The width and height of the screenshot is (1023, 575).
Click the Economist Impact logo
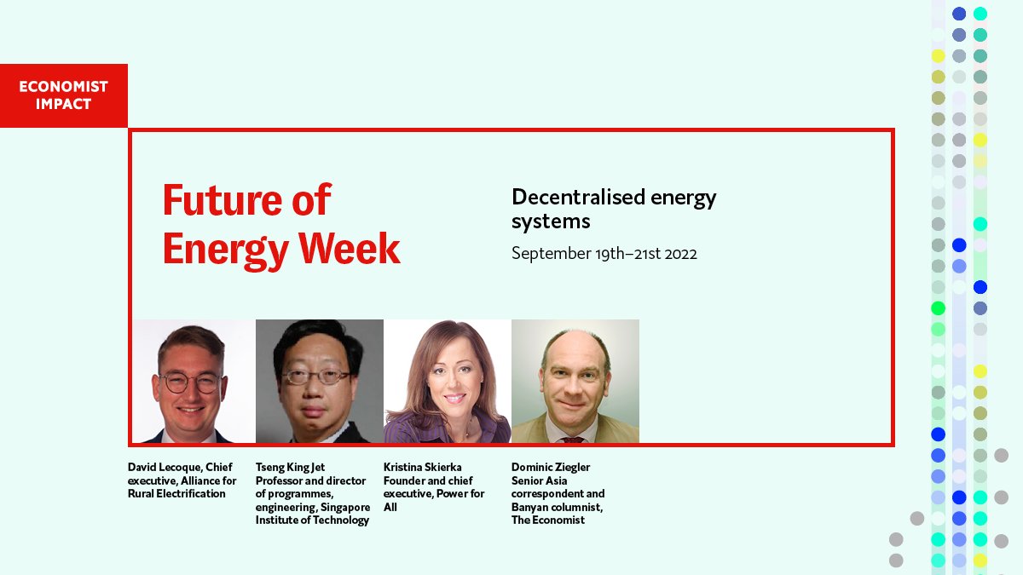coord(64,95)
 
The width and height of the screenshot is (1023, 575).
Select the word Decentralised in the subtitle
coord(566,198)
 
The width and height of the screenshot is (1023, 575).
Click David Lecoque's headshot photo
coord(192,382)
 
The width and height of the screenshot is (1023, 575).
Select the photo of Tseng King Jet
coord(320,382)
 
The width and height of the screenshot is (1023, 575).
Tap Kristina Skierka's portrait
coord(448,382)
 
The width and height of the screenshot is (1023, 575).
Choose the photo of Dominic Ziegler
coord(575,382)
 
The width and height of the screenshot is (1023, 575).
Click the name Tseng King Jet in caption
coord(290,468)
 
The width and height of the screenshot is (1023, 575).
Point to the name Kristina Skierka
coord(423,468)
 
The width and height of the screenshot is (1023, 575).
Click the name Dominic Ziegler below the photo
coord(551,468)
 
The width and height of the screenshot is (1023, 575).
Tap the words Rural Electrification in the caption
coord(176,493)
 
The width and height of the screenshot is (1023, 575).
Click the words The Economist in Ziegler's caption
coord(548,520)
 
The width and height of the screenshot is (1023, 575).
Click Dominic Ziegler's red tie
coord(573,440)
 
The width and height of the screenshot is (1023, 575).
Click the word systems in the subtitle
coord(551,222)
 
